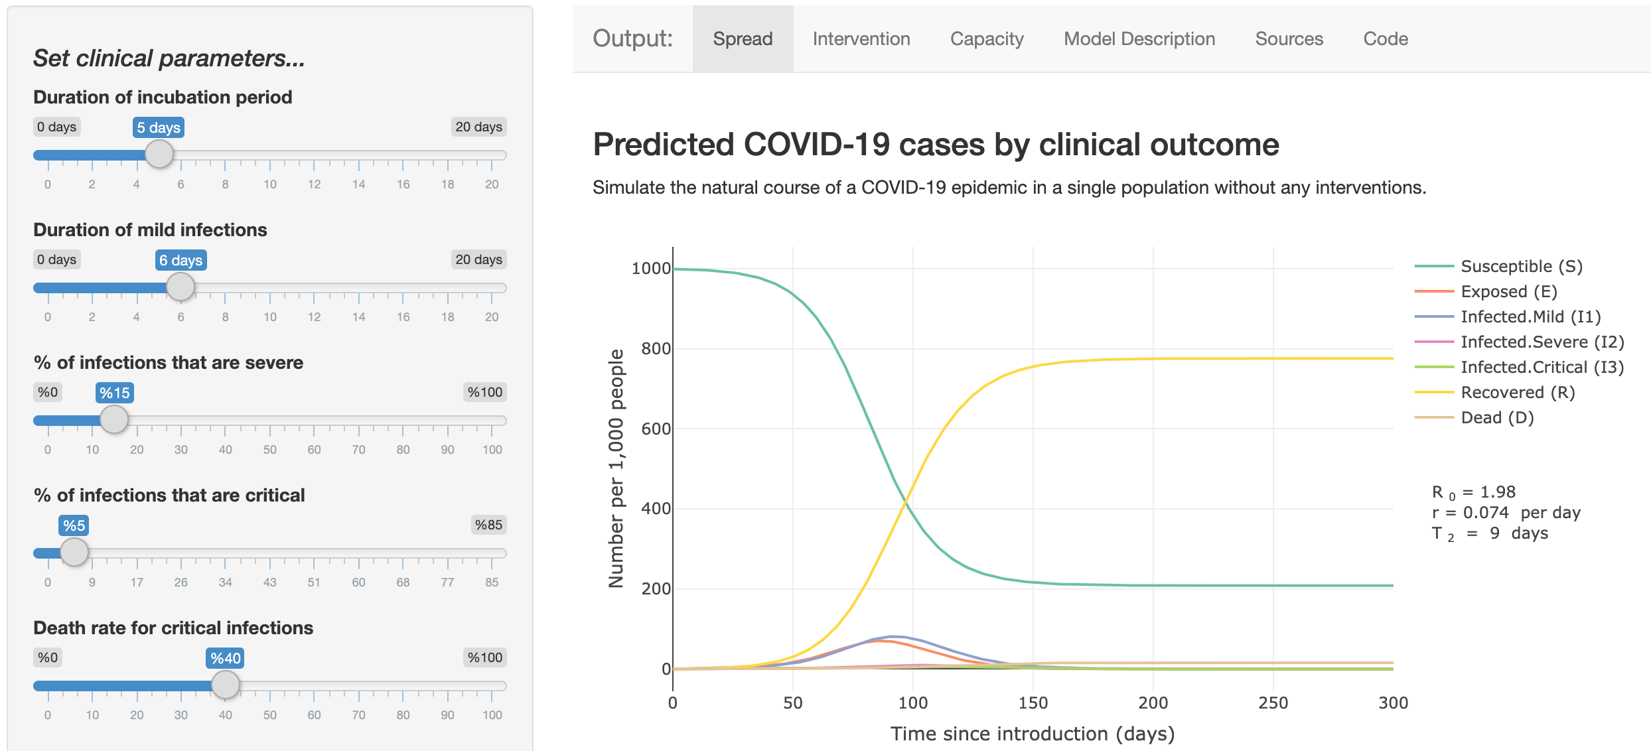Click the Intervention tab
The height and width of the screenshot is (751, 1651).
[x=861, y=39]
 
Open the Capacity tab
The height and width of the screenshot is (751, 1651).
[x=986, y=39]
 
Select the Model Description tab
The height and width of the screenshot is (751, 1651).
[x=1139, y=39]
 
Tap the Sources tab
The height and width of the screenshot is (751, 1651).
[x=1289, y=39]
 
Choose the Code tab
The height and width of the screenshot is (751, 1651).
[x=1385, y=39]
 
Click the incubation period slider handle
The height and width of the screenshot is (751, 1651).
[x=159, y=155]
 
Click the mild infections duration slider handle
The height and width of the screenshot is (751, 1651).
[x=180, y=287]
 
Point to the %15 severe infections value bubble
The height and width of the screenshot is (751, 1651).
[x=115, y=393]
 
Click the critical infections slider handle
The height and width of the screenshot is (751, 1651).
[x=74, y=552]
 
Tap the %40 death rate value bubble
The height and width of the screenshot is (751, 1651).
[x=225, y=658]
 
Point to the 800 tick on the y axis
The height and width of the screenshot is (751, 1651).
[x=655, y=349]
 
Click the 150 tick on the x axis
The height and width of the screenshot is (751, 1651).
[x=1033, y=703]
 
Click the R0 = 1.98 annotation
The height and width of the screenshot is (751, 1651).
[x=1473, y=492]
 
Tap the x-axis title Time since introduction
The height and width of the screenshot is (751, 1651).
[x=1032, y=734]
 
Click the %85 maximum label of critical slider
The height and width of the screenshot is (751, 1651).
[x=488, y=525]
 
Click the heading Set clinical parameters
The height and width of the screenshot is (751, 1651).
[x=169, y=58]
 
